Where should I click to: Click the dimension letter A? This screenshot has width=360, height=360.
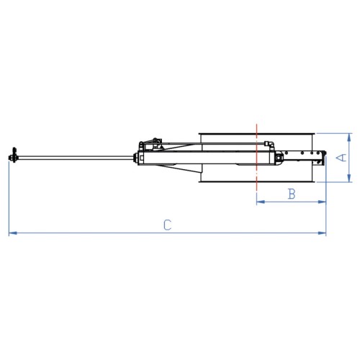(x=341, y=158)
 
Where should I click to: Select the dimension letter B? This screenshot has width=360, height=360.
(x=292, y=194)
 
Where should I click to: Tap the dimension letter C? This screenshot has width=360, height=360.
(x=168, y=225)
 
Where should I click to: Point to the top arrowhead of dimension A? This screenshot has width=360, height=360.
(x=349, y=137)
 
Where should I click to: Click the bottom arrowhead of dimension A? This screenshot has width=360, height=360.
(x=349, y=179)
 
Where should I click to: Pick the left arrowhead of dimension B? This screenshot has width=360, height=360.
(x=261, y=202)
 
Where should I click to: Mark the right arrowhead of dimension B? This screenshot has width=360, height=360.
(x=322, y=202)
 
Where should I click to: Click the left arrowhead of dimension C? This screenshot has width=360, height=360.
(x=13, y=233)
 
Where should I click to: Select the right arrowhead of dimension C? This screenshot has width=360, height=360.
(x=322, y=233)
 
